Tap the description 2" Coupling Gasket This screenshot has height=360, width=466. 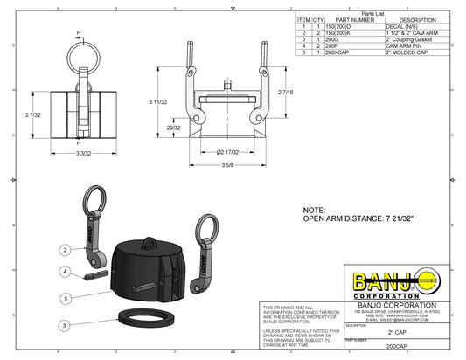coord(411,38)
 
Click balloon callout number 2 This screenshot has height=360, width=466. coord(66,250)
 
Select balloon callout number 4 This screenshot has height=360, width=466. coord(66,272)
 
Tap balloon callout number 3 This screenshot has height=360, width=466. coord(66,325)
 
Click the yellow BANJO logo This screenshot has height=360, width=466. coord(393,282)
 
